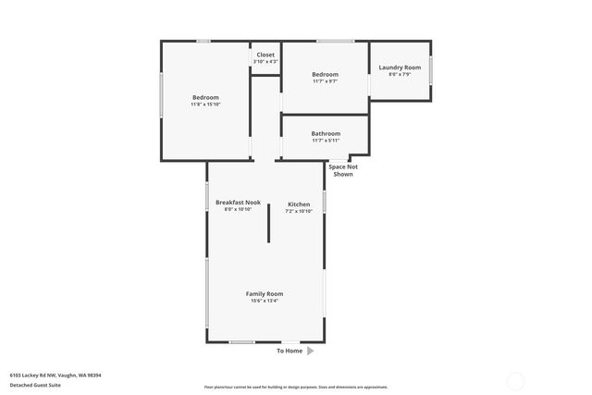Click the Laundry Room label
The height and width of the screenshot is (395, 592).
coord(400,68)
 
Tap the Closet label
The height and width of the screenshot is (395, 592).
coord(265,55)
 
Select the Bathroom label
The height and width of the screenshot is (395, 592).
coord(326,133)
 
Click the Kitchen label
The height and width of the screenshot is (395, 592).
coord(299,204)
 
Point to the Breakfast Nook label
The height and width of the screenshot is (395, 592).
coord(238,202)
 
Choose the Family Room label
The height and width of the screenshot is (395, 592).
coord(264,293)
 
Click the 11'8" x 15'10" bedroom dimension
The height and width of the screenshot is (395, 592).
coord(205,105)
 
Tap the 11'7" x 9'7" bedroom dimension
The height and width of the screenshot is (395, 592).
coord(325,81)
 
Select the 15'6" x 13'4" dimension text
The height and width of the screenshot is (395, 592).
coord(264,301)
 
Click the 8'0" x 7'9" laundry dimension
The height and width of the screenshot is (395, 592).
coord(400,75)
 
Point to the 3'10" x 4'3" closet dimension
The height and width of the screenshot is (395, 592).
coord(265,62)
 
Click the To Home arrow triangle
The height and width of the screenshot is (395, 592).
coord(311,351)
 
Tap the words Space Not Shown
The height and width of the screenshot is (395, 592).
coord(343,170)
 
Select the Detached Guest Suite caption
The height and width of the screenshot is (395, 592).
coord(35,385)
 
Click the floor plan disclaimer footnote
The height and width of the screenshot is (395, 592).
coord(296,387)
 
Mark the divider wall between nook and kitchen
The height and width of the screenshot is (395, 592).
coord(268,223)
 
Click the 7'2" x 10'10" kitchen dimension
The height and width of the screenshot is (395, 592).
coord(299,211)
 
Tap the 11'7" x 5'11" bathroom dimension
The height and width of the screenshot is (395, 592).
coord(326,141)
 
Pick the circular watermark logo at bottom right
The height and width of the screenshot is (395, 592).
coord(516,380)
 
